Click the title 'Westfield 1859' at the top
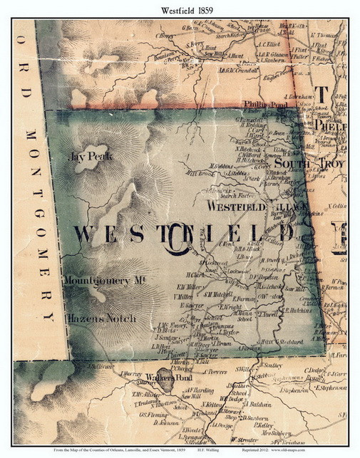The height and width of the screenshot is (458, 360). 180,8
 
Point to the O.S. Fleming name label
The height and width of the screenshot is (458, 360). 153,415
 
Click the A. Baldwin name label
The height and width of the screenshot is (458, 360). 251,405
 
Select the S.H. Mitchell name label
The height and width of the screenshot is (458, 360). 218,293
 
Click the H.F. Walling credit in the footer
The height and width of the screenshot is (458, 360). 222,451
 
